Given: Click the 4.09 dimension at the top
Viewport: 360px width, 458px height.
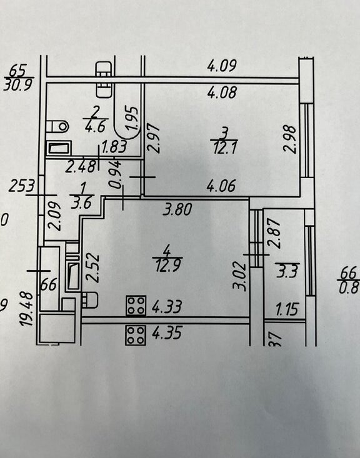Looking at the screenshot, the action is pyautogui.click(x=222, y=66).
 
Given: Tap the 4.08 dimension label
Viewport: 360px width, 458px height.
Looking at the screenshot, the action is pyautogui.click(x=222, y=92).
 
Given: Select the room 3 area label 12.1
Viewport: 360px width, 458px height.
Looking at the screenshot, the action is pyautogui.click(x=224, y=148).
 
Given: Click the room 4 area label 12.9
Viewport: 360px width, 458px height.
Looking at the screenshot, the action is pyautogui.click(x=167, y=266).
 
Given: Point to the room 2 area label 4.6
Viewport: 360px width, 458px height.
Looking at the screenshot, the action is pyautogui.click(x=95, y=127).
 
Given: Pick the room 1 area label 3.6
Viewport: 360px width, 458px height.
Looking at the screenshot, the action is pyautogui.click(x=81, y=202).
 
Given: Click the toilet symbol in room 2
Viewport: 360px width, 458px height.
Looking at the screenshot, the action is pyautogui.click(x=57, y=126).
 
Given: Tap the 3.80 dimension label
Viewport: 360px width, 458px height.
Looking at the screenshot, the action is pyautogui.click(x=177, y=210).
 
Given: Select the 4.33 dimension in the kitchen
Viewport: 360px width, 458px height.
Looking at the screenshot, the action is pyautogui.click(x=167, y=306).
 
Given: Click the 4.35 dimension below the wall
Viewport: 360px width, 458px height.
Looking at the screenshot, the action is pyautogui.click(x=167, y=332).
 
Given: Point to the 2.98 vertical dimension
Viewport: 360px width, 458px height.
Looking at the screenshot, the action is pyautogui.click(x=290, y=139).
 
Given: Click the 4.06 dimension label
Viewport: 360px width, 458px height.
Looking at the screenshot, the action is pyautogui.click(x=221, y=186).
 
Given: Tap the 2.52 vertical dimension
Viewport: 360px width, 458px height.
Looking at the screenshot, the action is pyautogui.click(x=94, y=269).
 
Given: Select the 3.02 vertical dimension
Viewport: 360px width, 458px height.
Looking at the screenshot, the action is pyautogui.click(x=240, y=276).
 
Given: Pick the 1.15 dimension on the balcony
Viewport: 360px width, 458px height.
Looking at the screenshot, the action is pyautogui.click(x=287, y=309).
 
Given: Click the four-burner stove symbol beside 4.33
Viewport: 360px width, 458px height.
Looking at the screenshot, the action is pyautogui.click(x=136, y=306).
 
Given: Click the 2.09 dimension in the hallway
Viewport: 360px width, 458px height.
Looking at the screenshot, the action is pyautogui.click(x=54, y=216).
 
